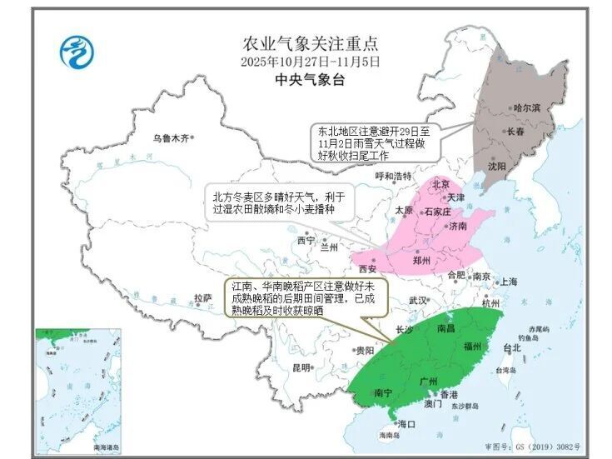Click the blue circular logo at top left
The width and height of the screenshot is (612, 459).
77,52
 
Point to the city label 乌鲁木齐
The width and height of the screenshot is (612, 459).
171,137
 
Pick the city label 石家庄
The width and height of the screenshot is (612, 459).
437,212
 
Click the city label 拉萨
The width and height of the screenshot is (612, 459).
202,297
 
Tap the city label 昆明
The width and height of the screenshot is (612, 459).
301,367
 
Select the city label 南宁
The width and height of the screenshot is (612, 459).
384,392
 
